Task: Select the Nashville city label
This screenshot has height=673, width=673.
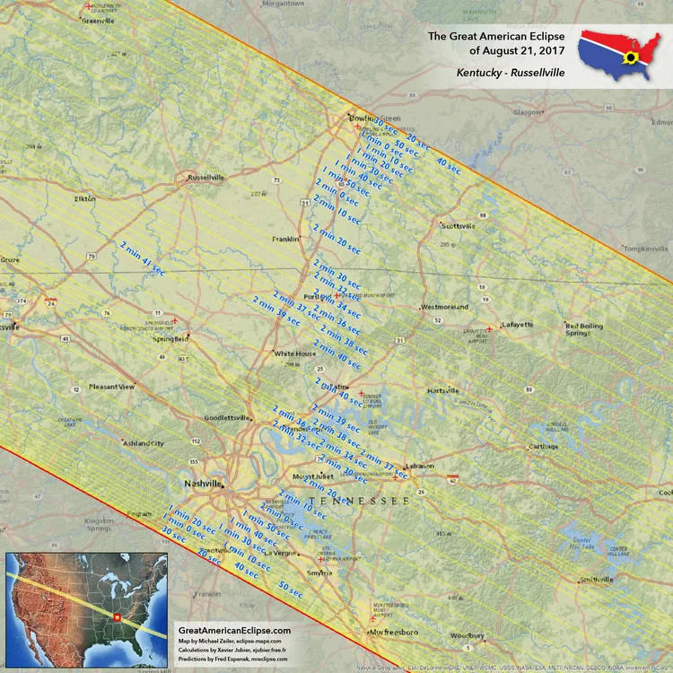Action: coord(203,484)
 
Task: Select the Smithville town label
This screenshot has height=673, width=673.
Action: coord(598,580)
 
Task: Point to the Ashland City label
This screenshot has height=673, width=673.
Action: coord(144,443)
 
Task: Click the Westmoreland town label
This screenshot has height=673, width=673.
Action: coord(444,307)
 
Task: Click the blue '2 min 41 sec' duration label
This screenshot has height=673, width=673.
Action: coord(143,257)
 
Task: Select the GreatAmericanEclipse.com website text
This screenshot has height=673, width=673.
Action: coord(234,631)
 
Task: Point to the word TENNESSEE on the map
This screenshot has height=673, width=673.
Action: coord(358,499)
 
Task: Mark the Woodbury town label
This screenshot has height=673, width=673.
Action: coord(468,635)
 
